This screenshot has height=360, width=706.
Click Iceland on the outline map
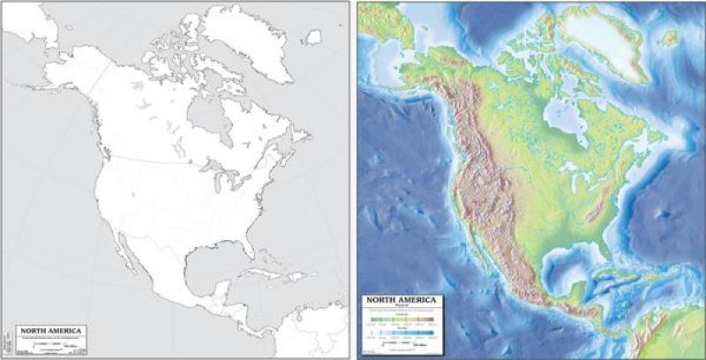pos(312,38)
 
